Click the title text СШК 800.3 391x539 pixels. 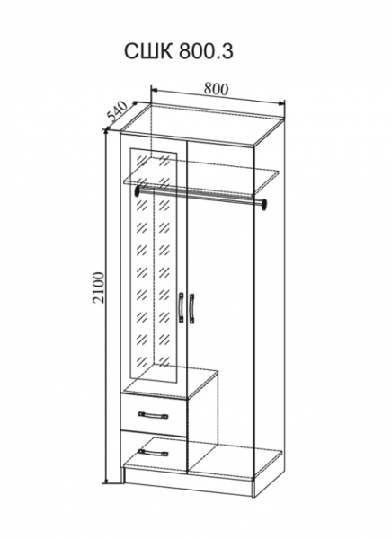pos(179,51)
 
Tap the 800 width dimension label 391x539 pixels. pos(216,89)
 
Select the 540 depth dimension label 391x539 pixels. pos(118,111)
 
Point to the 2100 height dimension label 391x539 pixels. pos(98,287)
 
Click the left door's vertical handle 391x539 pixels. pos(181,307)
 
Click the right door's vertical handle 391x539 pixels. pos(191,308)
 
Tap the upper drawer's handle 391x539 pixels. pos(153,415)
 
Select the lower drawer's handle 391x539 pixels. pos(153,453)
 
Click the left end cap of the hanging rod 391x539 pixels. pos(138,190)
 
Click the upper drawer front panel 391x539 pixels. pos(154,415)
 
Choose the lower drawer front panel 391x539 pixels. pos(154,450)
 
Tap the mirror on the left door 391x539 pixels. pos(154,264)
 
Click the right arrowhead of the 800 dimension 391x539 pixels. pos(281,102)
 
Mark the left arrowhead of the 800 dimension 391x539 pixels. pos(156,91)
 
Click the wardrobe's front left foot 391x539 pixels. pos(122,475)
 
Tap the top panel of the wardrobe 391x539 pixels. pos(203,124)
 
